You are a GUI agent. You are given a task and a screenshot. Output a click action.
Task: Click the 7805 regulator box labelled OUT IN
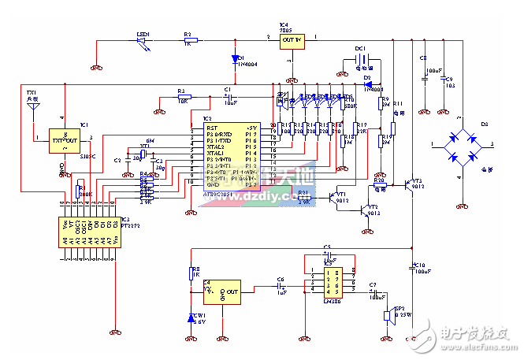click(x=292, y=41)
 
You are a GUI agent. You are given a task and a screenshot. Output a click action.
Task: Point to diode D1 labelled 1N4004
click(x=234, y=58)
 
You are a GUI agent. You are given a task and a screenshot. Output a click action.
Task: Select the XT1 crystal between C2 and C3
click(x=144, y=154)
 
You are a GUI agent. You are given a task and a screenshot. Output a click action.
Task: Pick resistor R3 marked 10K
click(x=182, y=96)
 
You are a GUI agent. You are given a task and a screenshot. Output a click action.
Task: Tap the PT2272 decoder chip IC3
click(x=89, y=228)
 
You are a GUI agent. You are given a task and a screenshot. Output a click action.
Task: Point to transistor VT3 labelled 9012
click(x=411, y=185)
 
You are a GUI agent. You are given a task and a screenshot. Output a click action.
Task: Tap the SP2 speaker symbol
click(x=387, y=316)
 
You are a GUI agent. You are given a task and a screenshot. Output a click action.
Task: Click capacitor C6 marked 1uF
click(x=280, y=288)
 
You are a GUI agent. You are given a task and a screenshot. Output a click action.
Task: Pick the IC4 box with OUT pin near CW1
click(x=223, y=293)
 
